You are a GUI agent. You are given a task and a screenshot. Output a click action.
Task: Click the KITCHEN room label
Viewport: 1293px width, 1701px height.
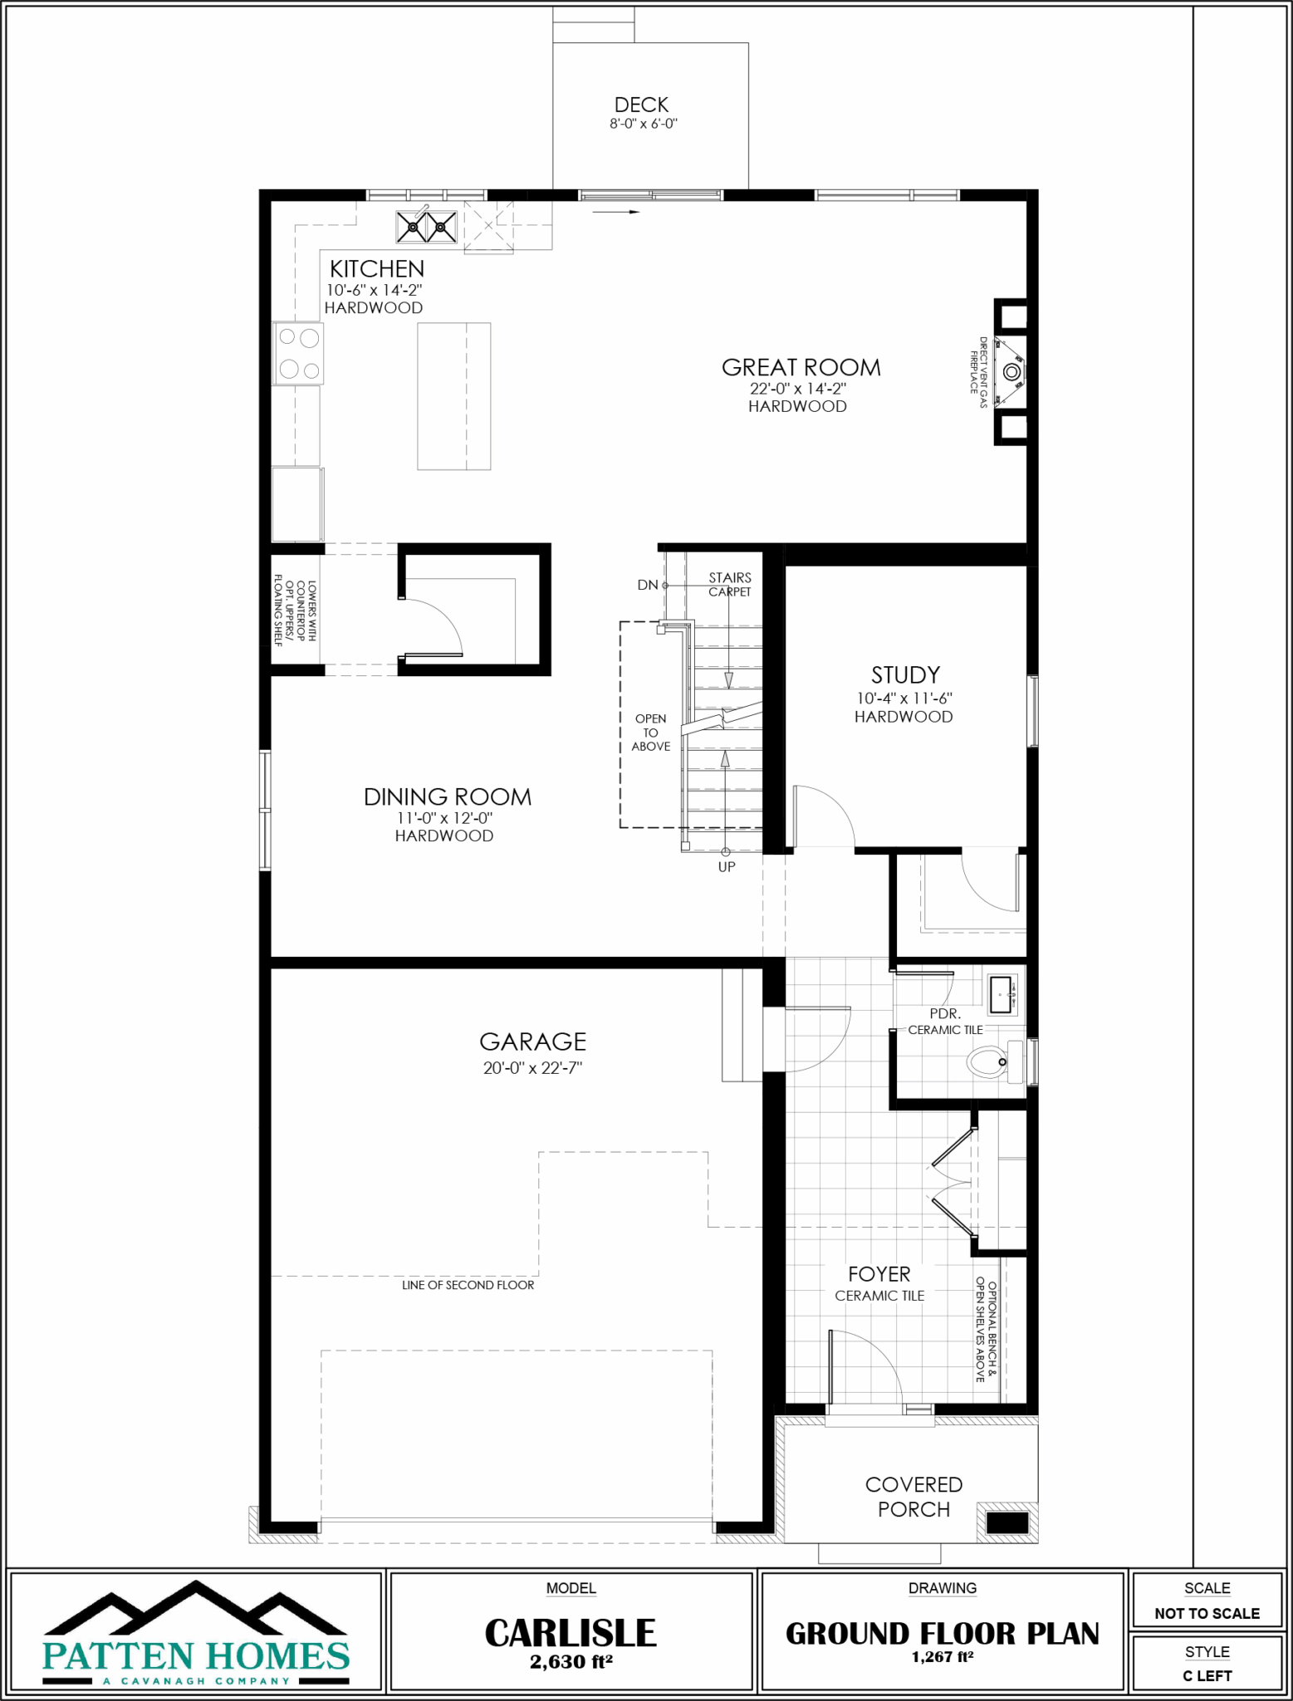[377, 268]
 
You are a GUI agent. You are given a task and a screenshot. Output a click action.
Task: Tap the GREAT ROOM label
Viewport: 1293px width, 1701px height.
[801, 367]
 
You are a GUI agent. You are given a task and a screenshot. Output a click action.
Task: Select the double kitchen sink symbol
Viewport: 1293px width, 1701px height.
[427, 226]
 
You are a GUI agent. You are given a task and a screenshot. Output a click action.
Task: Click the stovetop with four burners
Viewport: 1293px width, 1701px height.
[299, 353]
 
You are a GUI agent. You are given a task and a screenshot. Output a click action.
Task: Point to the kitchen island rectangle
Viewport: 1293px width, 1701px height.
[453, 396]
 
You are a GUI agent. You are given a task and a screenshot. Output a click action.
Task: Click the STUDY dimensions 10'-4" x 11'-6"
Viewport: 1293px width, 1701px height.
[904, 699]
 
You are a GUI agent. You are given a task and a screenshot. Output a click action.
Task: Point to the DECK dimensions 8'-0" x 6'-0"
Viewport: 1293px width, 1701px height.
[643, 124]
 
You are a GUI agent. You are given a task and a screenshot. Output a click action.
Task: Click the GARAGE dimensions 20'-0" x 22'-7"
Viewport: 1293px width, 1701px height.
[532, 1067]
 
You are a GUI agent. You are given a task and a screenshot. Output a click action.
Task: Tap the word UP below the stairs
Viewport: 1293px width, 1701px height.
[727, 866]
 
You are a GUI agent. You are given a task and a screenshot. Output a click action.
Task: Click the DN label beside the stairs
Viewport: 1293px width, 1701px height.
[648, 585]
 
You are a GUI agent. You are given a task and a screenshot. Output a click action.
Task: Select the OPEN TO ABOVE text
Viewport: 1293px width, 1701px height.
[651, 733]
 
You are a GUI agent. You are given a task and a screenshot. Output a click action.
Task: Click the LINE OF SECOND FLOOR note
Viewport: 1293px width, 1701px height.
[468, 1285]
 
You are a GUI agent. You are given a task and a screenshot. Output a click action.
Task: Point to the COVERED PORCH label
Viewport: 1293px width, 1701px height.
[913, 1497]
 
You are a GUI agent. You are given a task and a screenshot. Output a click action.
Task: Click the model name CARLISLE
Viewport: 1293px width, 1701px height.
[571, 1633]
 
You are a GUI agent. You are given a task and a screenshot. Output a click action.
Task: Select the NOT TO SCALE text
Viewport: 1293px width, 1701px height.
[1207, 1614]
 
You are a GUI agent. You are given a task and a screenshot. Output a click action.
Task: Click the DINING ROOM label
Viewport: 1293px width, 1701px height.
[448, 797]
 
